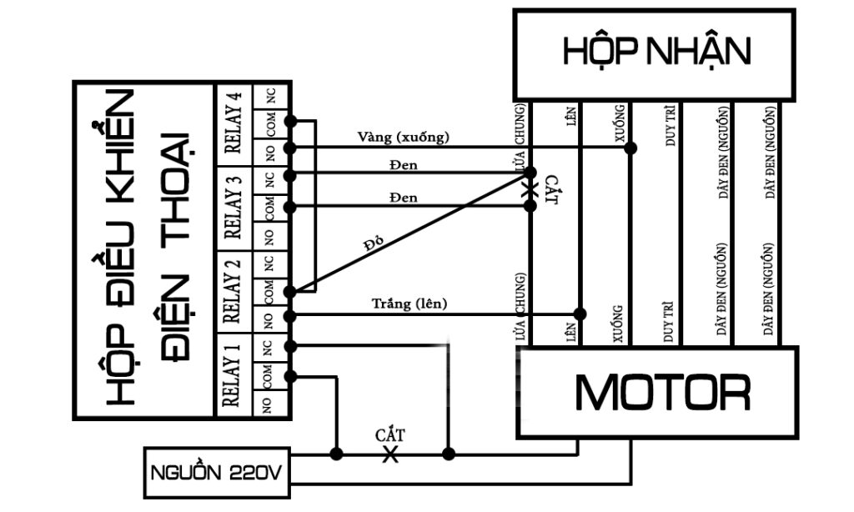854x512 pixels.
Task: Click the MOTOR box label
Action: pyautogui.click(x=663, y=393)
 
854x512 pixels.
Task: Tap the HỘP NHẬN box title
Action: pyautogui.click(x=656, y=51)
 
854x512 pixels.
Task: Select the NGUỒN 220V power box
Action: pyautogui.click(x=216, y=474)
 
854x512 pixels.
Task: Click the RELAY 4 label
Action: pyautogui.click(x=235, y=123)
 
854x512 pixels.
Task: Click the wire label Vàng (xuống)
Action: pyautogui.click(x=404, y=137)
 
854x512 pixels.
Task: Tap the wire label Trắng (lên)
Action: pyautogui.click(x=409, y=304)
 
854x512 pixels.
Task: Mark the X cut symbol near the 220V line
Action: pyautogui.click(x=389, y=454)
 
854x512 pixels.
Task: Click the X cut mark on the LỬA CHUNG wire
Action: pyautogui.click(x=529, y=191)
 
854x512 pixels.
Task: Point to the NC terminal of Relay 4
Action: pyautogui.click(x=270, y=97)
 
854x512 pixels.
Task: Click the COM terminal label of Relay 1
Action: pyautogui.click(x=270, y=376)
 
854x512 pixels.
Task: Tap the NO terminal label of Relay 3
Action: pyautogui.click(x=270, y=235)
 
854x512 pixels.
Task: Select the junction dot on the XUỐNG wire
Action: pyautogui.click(x=631, y=148)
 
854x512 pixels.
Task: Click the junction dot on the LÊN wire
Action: pyautogui.click(x=580, y=314)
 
